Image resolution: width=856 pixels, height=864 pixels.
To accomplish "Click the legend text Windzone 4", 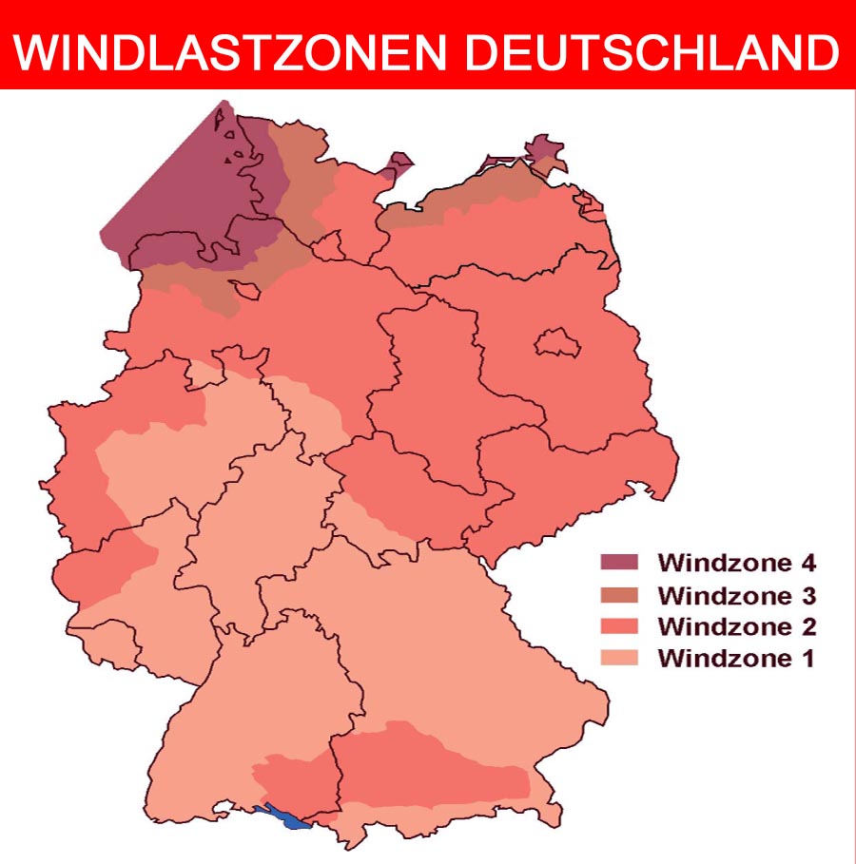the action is (737, 563).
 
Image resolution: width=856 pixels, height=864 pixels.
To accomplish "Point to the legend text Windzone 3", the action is (737, 595).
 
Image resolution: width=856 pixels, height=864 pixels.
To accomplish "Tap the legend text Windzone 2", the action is (737, 626).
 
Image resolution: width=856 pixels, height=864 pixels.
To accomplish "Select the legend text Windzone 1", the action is (737, 658).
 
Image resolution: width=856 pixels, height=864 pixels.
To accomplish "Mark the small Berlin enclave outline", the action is (557, 343).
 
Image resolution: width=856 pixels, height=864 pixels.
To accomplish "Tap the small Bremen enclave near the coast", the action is (247, 290).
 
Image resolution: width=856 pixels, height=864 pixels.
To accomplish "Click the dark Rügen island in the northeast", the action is (543, 150).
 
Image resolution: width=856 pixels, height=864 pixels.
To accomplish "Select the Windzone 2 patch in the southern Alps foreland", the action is (428, 765).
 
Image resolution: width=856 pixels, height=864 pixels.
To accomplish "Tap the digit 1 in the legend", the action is (807, 658).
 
